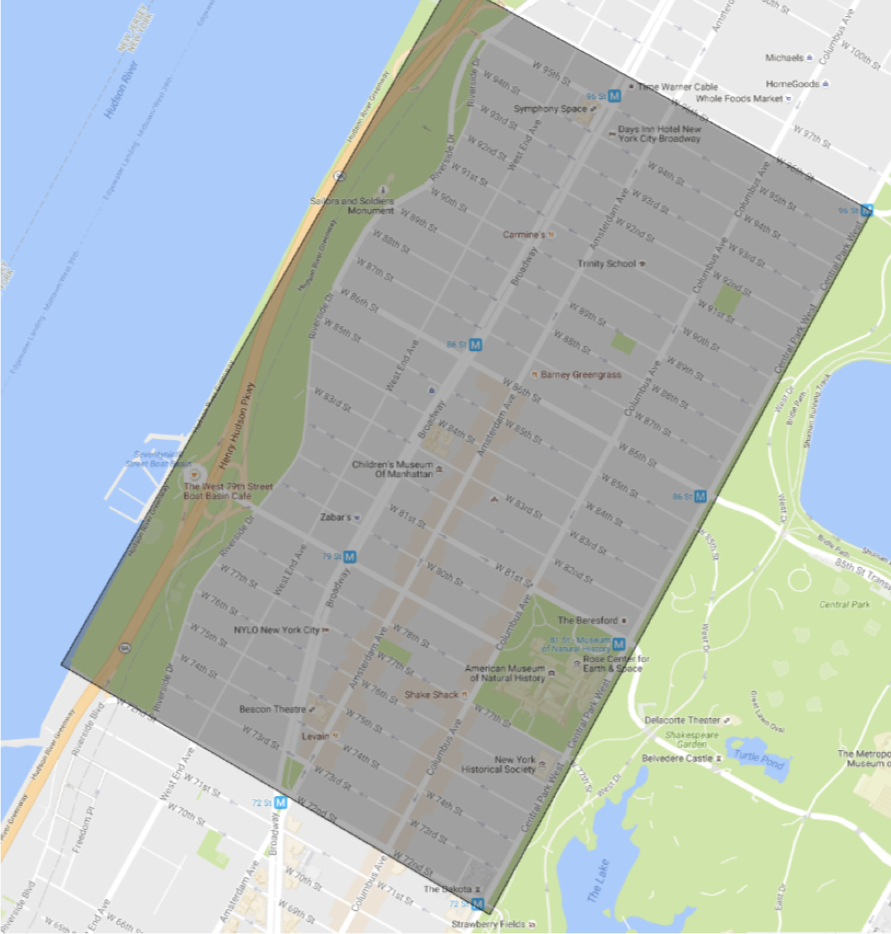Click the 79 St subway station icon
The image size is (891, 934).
coord(350,556)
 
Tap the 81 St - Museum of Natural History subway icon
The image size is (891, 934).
coord(618,644)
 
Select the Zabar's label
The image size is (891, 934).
coord(336,518)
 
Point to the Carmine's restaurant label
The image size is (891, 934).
coord(524,235)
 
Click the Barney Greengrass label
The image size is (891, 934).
coord(581,375)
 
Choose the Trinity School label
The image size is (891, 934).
coord(607,263)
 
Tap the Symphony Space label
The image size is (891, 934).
coord(550,109)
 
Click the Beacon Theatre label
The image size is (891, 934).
coord(272,709)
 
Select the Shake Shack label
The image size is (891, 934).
coord(431,695)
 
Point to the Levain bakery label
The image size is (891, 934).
coord(316,736)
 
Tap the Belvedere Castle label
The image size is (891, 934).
coord(677,759)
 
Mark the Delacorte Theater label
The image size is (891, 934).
coord(682,720)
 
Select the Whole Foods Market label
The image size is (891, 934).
coord(739,99)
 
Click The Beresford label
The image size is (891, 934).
coord(588,621)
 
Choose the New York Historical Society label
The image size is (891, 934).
coord(498,765)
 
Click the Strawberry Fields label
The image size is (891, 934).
coord(488,925)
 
